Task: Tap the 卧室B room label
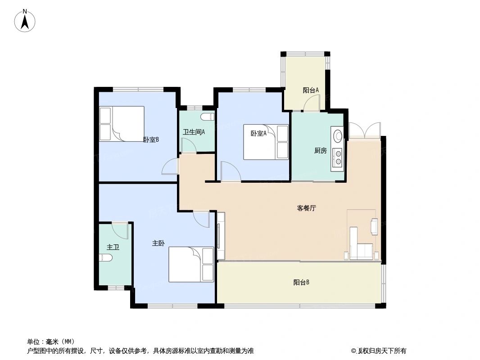click(151, 139)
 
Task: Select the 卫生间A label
click(194, 132)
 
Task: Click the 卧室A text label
click(258, 133)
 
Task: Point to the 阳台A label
click(311, 90)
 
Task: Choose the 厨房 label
click(320, 151)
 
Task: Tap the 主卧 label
click(158, 243)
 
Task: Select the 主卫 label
click(113, 247)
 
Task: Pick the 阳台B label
click(301, 283)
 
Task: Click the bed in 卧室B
click(122, 124)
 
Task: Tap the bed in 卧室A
click(266, 142)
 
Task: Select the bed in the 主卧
click(191, 264)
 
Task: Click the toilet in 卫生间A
click(208, 117)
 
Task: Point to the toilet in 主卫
click(104, 258)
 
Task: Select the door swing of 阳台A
click(311, 104)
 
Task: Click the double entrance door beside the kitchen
click(364, 130)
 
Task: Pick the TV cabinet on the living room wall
click(221, 236)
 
